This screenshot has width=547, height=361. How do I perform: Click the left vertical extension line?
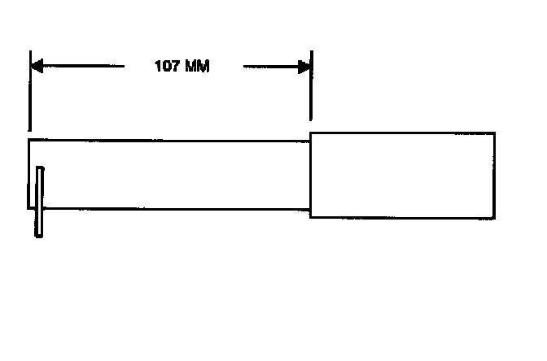29,98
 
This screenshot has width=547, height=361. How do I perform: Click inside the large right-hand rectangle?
402,175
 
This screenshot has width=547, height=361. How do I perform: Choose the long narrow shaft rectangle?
171,174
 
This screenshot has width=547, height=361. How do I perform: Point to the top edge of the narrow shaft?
171,141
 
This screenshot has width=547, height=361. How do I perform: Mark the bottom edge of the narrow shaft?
171,208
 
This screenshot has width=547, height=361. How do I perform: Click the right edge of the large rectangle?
494,175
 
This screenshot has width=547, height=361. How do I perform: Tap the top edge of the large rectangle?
402,132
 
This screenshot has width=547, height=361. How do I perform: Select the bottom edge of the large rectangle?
402,218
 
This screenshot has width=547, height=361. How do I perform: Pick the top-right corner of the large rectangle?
494,132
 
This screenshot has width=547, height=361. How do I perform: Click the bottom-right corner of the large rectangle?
494,218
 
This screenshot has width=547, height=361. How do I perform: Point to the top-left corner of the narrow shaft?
29,141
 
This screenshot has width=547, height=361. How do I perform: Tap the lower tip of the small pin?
38,236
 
